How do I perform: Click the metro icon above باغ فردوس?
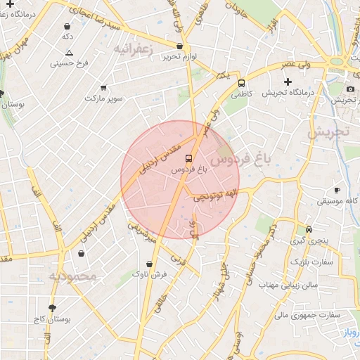point(187,157)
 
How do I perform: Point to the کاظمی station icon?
point(241,81)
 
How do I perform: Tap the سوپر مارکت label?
point(103,98)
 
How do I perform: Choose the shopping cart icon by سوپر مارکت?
point(103,87)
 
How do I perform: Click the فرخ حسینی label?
point(69,63)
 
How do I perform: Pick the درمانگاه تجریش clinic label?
point(288,92)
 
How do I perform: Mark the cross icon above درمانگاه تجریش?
point(288,82)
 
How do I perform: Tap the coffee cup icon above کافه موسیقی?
point(337,190)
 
